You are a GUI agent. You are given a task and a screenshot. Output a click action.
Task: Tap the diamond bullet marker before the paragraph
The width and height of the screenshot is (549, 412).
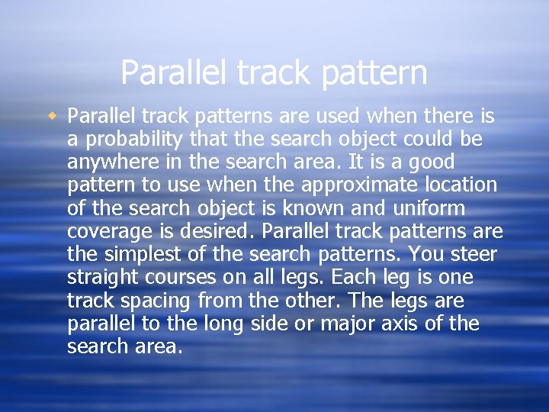53,116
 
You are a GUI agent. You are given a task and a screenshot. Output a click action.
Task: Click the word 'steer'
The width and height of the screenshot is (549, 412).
470,255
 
